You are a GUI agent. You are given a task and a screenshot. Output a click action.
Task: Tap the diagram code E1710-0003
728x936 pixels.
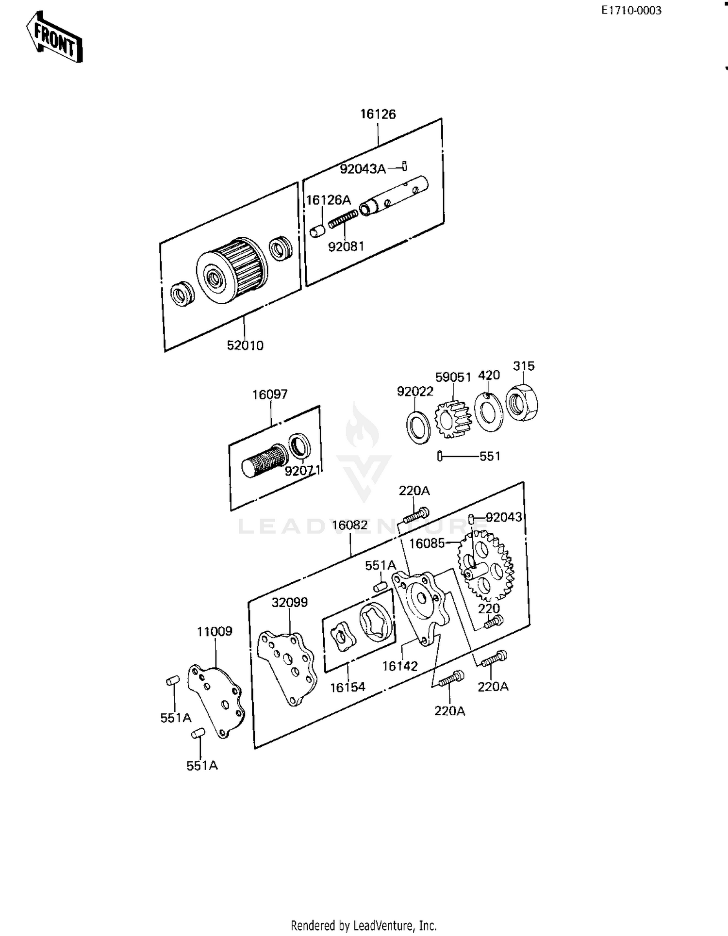pyautogui.click(x=631, y=11)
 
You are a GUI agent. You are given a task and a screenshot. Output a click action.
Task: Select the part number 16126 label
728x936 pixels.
pyautogui.click(x=378, y=114)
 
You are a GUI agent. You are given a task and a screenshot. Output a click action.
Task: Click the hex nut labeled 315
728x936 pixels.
pyautogui.click(x=522, y=402)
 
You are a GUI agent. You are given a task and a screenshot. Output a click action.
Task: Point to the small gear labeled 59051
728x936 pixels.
pyautogui.click(x=453, y=419)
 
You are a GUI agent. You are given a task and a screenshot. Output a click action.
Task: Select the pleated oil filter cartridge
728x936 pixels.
pyautogui.click(x=232, y=270)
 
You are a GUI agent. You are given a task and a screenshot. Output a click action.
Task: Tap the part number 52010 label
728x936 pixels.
pyautogui.click(x=245, y=345)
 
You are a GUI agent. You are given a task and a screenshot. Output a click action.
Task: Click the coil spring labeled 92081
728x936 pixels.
pyautogui.click(x=343, y=219)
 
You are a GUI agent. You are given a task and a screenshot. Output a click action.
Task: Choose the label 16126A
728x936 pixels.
pyautogui.click(x=328, y=200)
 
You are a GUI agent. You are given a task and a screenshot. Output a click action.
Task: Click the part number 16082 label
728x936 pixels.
pyautogui.click(x=350, y=525)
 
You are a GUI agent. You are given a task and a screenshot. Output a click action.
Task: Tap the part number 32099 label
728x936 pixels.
pyautogui.click(x=290, y=602)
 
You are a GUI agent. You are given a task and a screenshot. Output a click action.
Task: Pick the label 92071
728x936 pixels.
pyautogui.click(x=302, y=471)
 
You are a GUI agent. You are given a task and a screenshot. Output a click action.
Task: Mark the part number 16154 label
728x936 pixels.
pyautogui.click(x=347, y=687)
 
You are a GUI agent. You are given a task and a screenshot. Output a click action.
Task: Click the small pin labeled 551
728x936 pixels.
pyautogui.click(x=440, y=456)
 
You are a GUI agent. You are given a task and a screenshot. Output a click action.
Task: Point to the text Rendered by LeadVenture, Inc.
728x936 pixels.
pyautogui.click(x=364, y=925)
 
